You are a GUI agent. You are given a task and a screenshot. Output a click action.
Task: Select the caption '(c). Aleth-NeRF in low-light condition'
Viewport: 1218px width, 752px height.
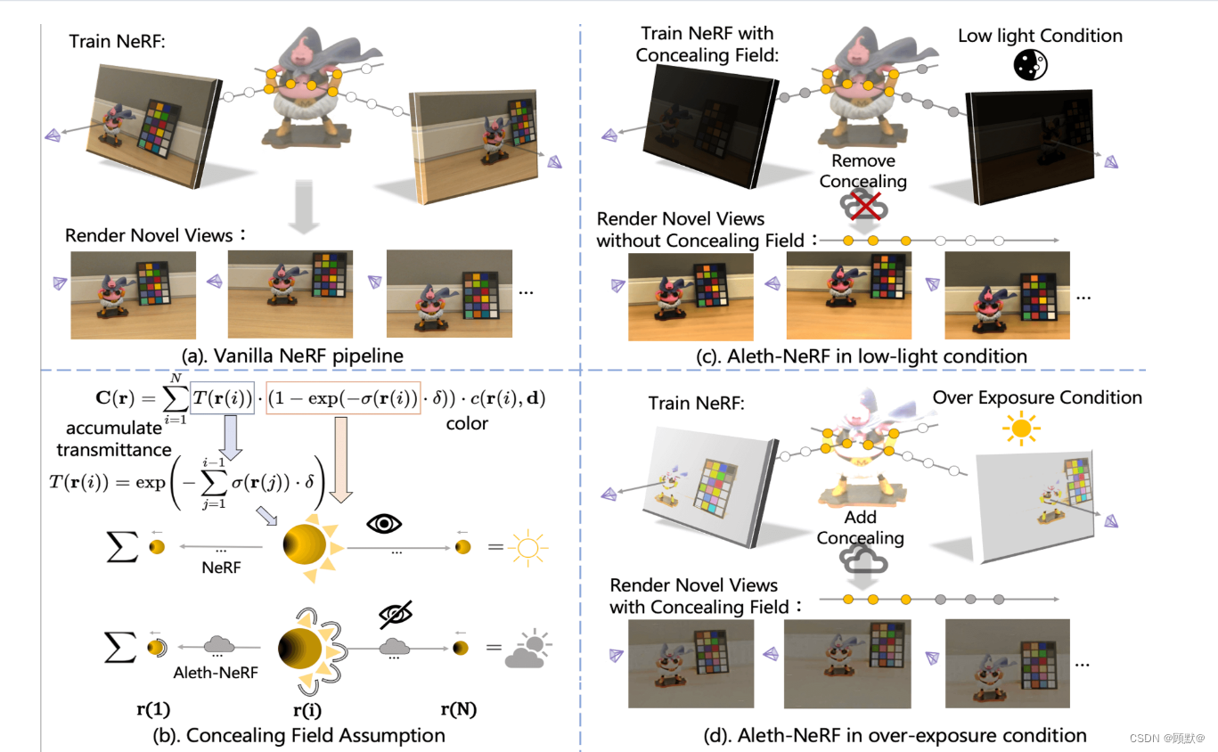[862, 356]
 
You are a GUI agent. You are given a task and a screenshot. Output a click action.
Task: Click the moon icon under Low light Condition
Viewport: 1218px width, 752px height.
[1031, 64]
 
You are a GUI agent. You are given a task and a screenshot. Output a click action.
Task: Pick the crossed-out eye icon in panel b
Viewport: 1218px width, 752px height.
[395, 614]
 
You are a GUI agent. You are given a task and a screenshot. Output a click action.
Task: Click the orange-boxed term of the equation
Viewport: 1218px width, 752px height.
[344, 399]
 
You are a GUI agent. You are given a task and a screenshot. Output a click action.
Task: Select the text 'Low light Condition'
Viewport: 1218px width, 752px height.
[1040, 36]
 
